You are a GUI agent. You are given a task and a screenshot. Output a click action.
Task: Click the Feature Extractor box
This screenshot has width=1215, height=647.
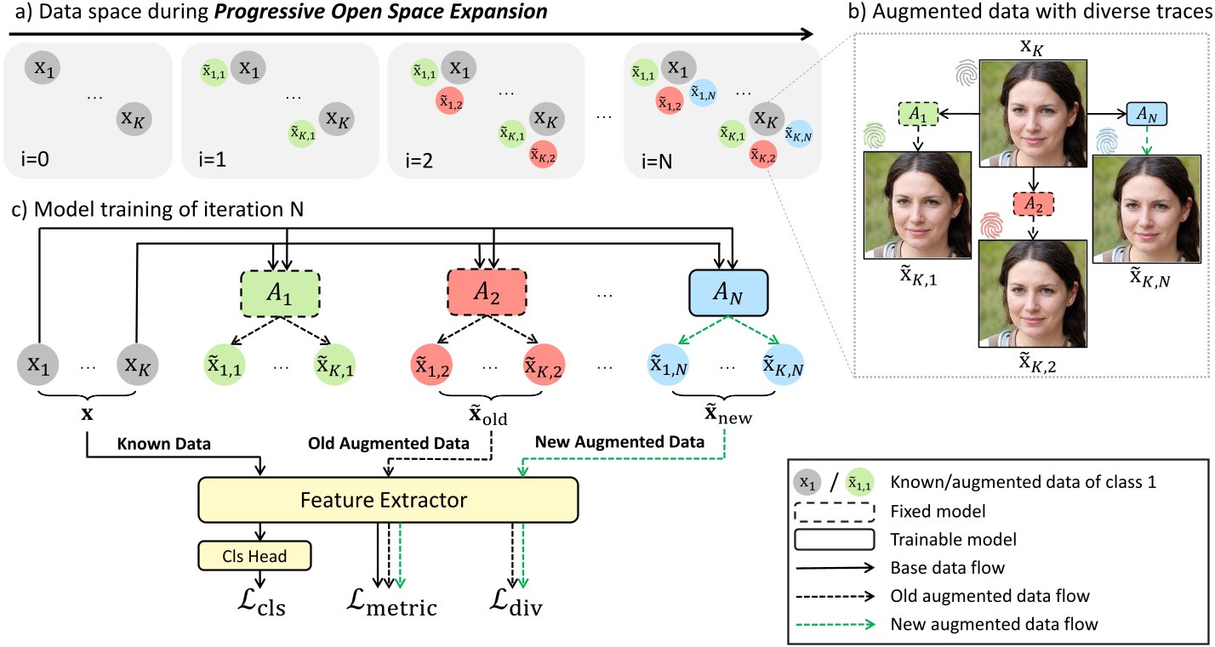point(388,500)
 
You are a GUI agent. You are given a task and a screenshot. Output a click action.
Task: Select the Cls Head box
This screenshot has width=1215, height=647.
point(254,555)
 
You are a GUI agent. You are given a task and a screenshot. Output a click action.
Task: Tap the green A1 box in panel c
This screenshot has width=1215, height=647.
point(280,292)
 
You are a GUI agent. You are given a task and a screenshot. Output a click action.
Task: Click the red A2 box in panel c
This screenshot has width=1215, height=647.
point(487,292)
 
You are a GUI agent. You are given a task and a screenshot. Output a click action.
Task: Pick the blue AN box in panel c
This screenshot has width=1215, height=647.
point(728,292)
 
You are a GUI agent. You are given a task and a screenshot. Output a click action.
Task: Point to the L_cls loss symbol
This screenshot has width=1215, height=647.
point(261,603)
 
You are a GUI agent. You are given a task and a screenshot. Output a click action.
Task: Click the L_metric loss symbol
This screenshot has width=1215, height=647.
point(391,603)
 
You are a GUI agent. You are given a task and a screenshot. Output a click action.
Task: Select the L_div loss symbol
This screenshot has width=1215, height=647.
point(516,603)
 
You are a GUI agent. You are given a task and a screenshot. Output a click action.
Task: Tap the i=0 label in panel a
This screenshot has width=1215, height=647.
point(35,159)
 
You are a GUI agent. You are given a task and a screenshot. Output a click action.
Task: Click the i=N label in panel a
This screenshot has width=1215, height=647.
point(656,161)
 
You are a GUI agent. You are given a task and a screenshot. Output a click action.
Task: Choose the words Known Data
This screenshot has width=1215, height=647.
point(164,444)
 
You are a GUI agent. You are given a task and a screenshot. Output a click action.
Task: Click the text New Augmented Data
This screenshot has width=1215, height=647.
point(619,442)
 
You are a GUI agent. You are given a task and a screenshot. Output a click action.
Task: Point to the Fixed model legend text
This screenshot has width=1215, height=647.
point(938,511)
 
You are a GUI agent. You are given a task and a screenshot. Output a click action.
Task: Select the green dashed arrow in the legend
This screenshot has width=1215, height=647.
point(836,624)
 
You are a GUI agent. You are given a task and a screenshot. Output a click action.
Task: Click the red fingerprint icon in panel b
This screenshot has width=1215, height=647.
point(991,225)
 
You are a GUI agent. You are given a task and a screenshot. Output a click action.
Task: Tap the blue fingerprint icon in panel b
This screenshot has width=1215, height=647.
point(1107,140)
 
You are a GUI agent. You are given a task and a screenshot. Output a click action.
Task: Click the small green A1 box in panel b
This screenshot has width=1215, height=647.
point(918,114)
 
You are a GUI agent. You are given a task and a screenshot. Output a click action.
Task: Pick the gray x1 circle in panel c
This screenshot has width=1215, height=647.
point(38,365)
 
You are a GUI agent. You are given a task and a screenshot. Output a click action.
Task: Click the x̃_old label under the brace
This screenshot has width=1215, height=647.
point(488,415)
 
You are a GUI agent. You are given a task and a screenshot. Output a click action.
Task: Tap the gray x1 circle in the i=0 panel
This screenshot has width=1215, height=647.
point(43,68)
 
